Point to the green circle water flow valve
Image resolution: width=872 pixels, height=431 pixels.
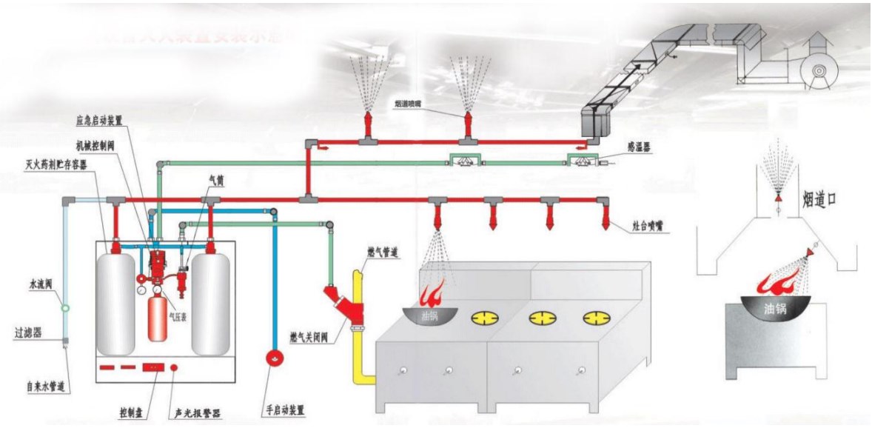click(x=65, y=307)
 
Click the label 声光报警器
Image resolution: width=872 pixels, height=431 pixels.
click(x=197, y=412)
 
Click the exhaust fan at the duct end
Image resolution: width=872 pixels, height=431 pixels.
click(x=819, y=71)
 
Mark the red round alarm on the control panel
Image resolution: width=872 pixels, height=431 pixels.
click(x=174, y=367)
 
